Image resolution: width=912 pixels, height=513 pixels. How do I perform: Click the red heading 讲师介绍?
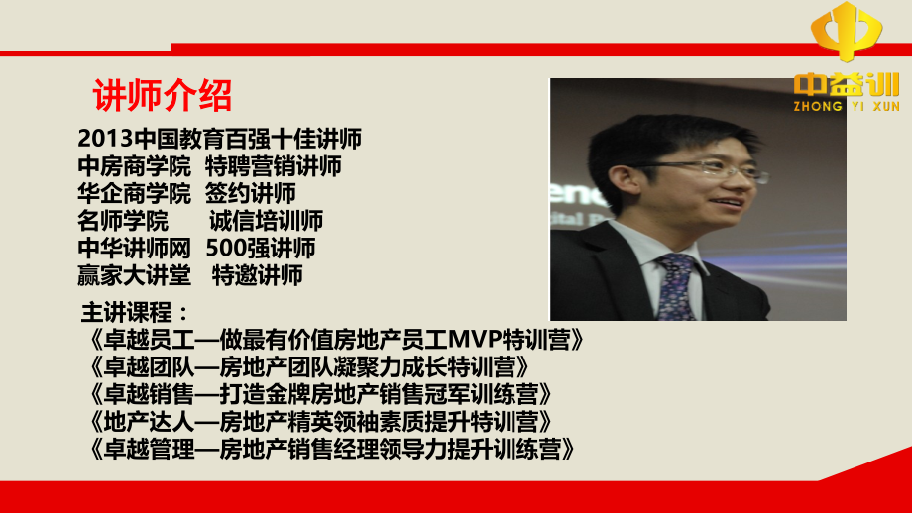pos(163,97)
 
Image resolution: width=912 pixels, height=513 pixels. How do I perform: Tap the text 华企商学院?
pos(134,193)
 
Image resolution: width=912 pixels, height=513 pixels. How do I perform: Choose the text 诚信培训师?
pos(266,220)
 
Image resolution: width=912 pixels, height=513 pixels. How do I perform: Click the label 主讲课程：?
pos(134,313)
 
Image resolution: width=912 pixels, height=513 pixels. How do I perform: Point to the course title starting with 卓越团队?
pos(316,366)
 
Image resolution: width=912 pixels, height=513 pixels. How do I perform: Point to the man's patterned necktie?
pos(676,287)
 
